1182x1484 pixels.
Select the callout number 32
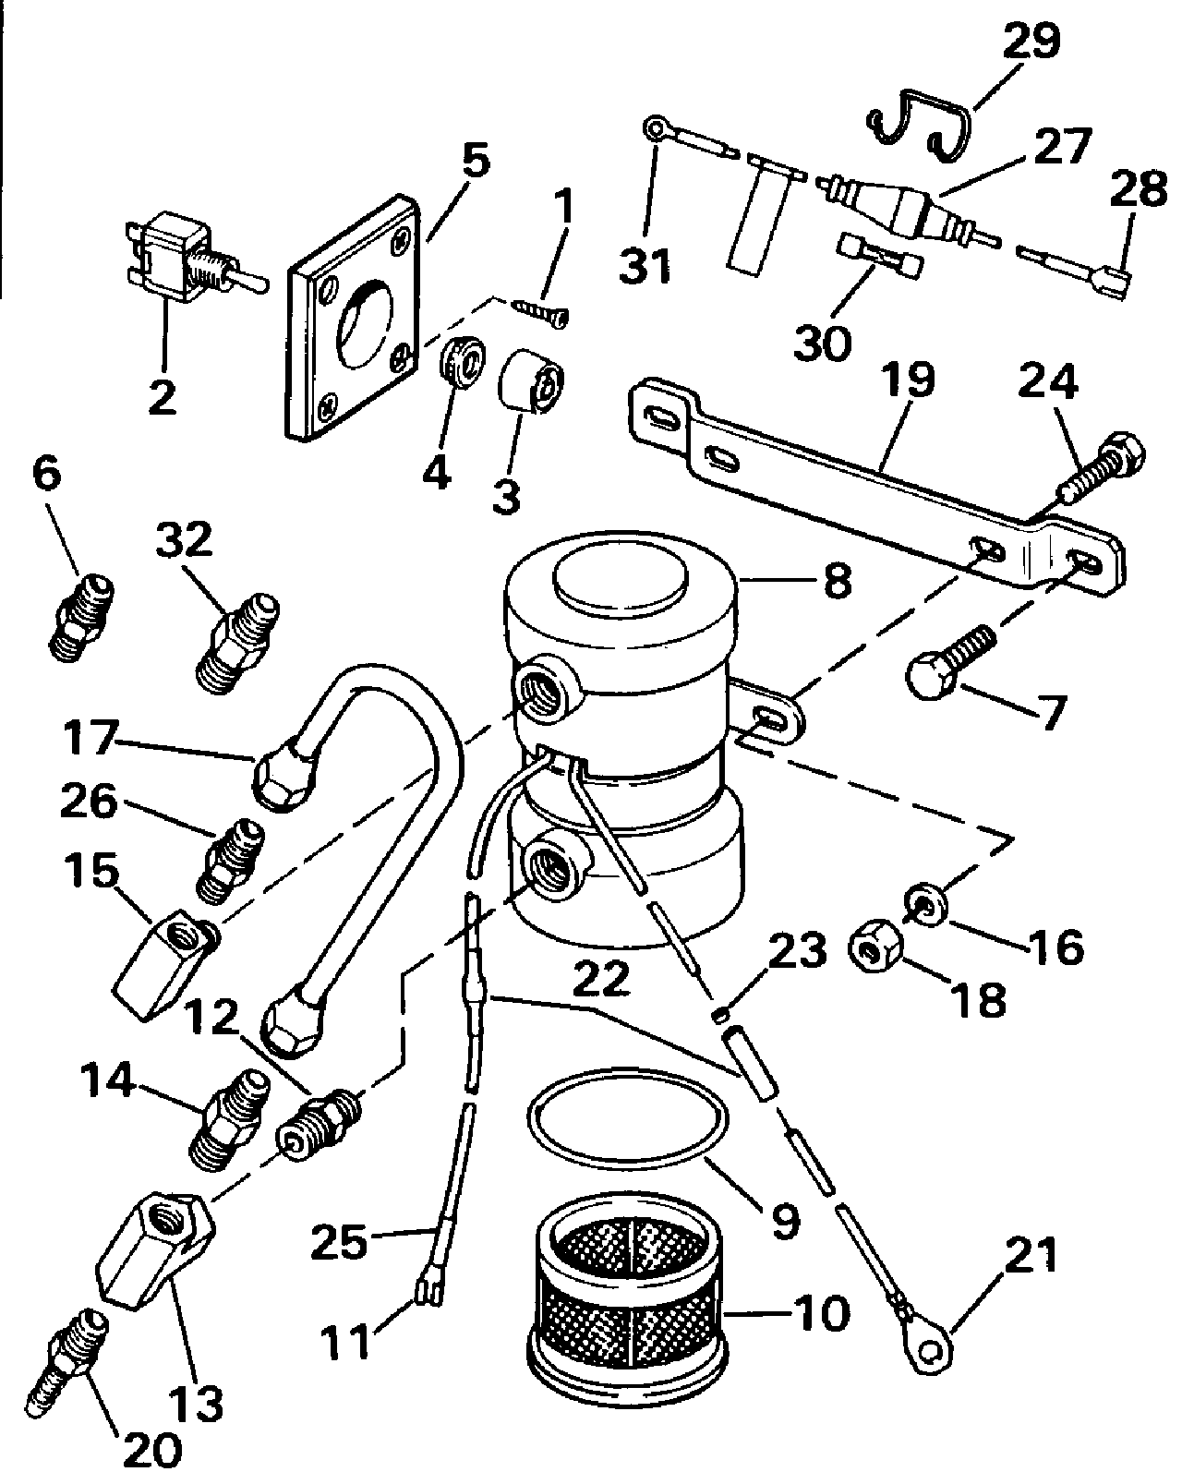click(184, 541)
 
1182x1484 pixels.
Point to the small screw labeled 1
click(540, 309)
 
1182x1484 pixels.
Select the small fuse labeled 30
click(877, 252)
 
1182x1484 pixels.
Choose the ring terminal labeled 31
click(657, 129)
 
